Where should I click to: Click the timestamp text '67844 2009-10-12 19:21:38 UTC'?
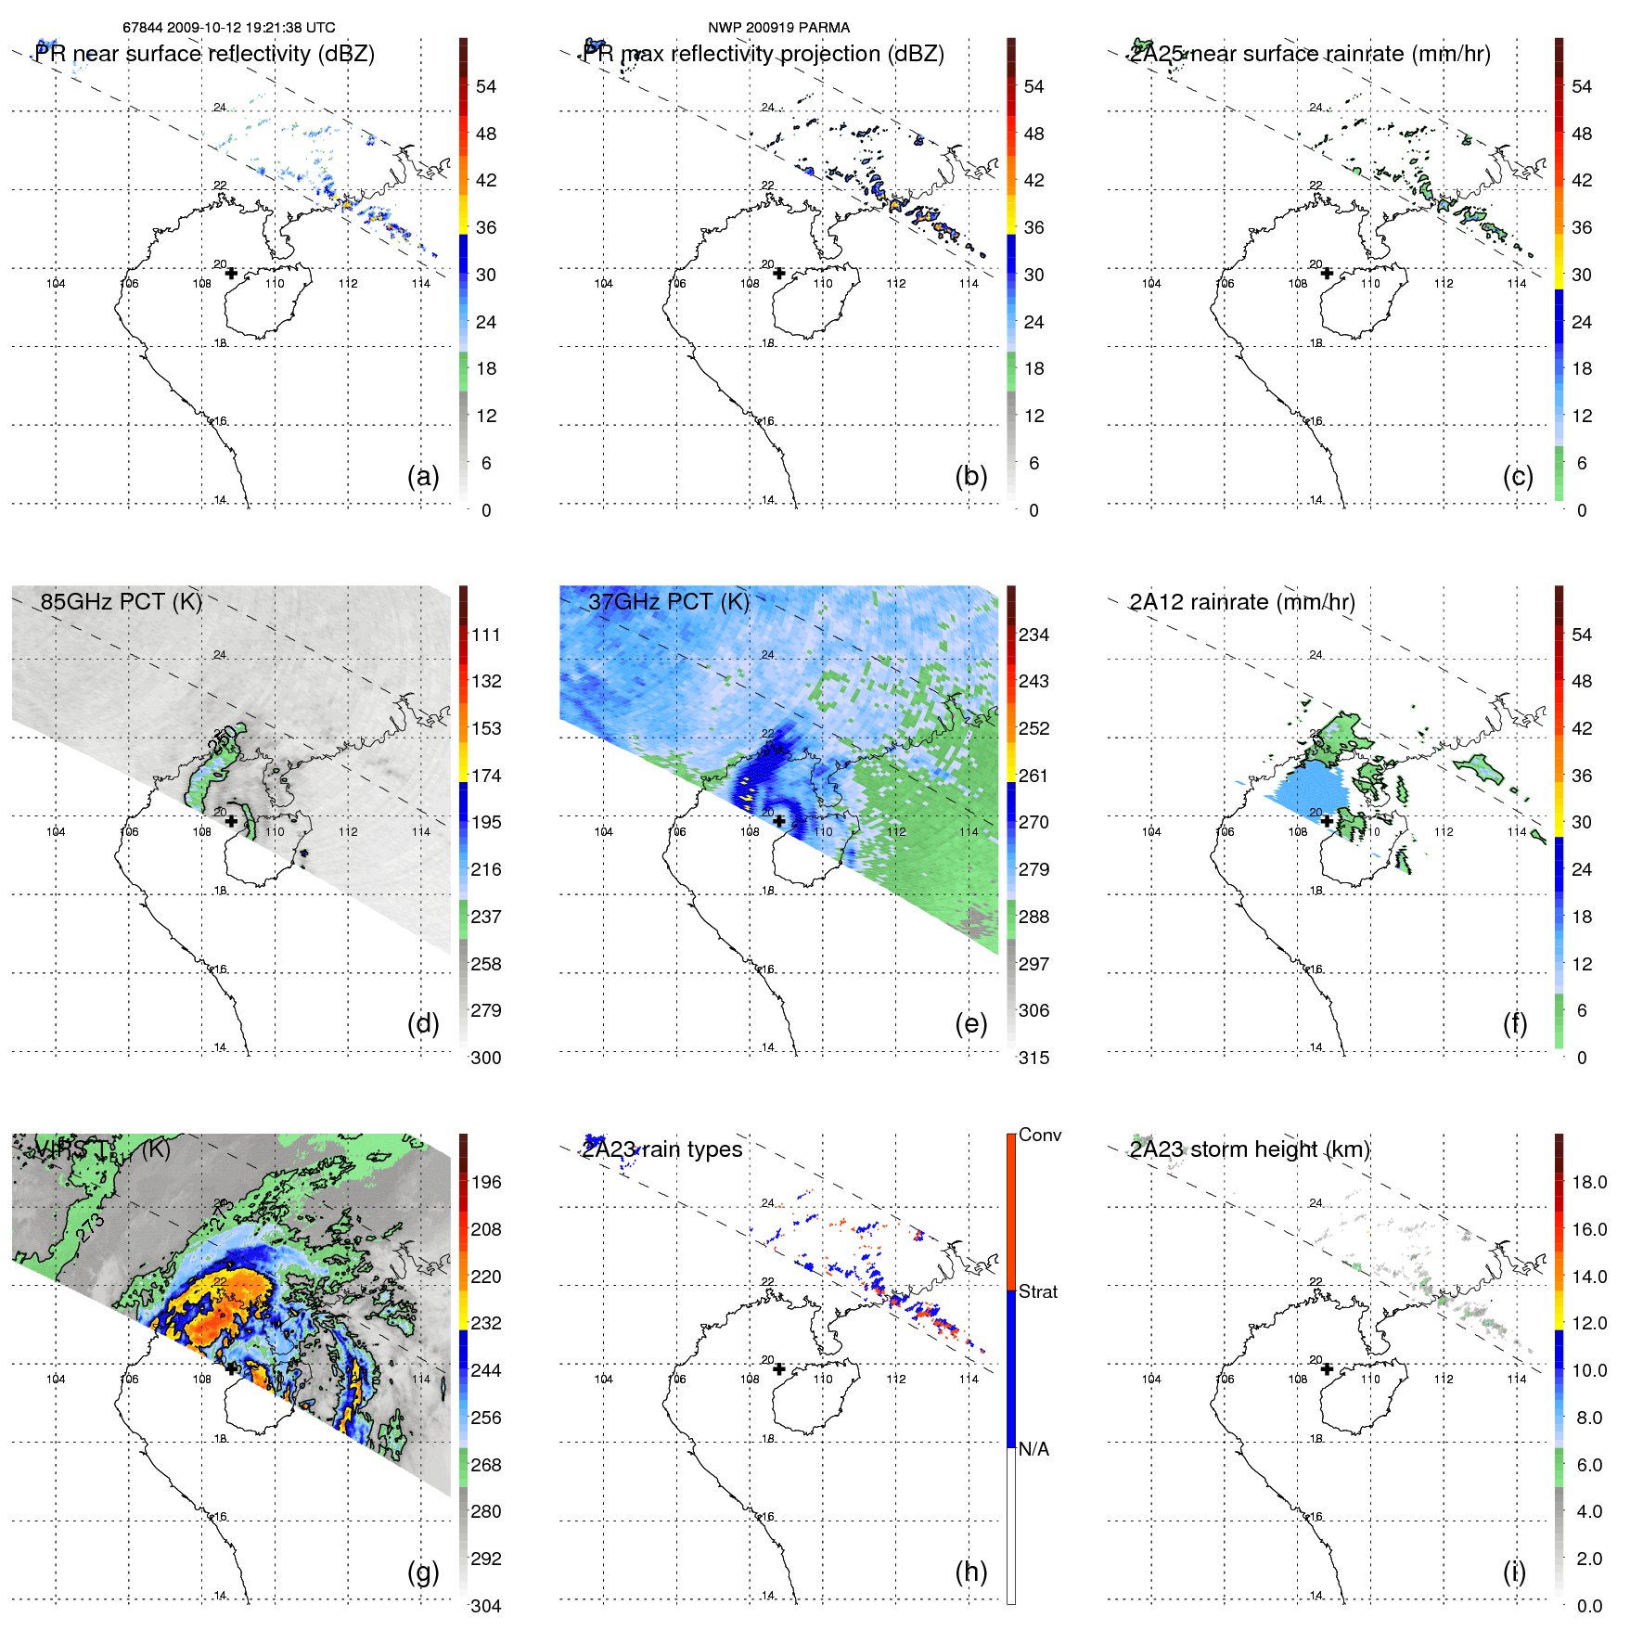click(x=228, y=28)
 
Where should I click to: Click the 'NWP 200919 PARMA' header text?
click(x=778, y=28)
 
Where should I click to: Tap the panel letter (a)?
click(x=423, y=476)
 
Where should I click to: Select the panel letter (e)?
click(x=970, y=1023)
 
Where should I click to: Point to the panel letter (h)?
click(x=970, y=1572)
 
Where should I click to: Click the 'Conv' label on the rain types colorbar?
click(x=1039, y=1135)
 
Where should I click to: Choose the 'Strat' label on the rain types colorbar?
click(x=1037, y=1291)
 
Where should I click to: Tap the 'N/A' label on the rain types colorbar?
click(x=1033, y=1449)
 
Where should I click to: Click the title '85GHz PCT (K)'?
click(x=121, y=601)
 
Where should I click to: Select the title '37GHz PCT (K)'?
click(x=668, y=601)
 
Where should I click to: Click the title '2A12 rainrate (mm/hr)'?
click(x=1241, y=601)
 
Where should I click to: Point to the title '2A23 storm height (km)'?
click(x=1249, y=1149)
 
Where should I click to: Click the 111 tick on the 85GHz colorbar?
click(x=486, y=635)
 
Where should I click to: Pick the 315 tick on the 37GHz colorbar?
click(x=1033, y=1058)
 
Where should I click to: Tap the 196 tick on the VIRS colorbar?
click(x=486, y=1182)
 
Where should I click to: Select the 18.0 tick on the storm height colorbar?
click(x=1588, y=1182)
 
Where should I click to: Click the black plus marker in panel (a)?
click(x=231, y=273)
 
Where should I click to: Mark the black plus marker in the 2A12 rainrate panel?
click(x=1327, y=821)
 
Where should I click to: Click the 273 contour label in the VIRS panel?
click(x=91, y=1227)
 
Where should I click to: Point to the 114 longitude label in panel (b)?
click(x=969, y=284)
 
